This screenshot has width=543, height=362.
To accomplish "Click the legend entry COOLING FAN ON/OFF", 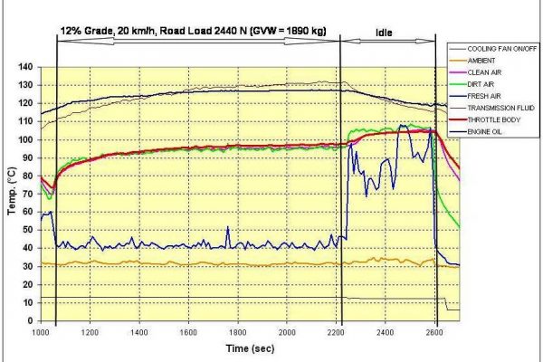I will pos(494,48).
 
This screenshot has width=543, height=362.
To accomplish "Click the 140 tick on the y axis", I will pos(24,67).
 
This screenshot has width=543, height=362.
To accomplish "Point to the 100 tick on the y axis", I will pos(24,139).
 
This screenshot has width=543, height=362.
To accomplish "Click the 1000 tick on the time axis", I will pos(41,332).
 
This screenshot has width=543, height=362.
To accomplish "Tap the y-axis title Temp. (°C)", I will pos(11,193).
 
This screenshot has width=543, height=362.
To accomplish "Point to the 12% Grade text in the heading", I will pos(83,30).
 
